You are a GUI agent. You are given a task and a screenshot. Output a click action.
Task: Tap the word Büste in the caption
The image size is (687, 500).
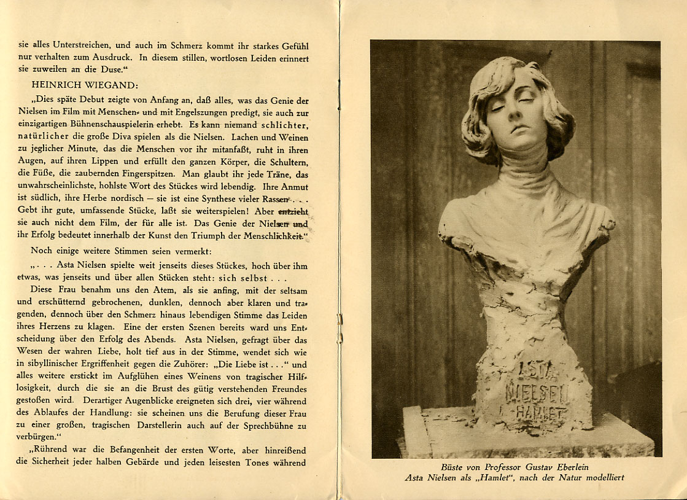coord(453,467)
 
